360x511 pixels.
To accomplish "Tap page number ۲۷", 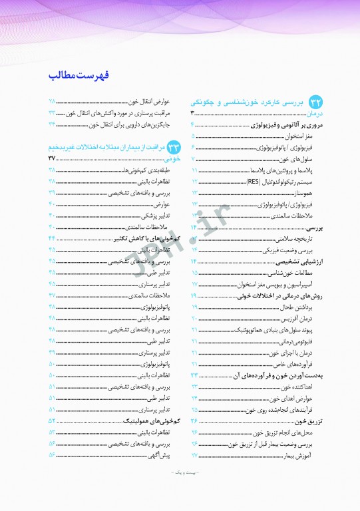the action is pos(195,455).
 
